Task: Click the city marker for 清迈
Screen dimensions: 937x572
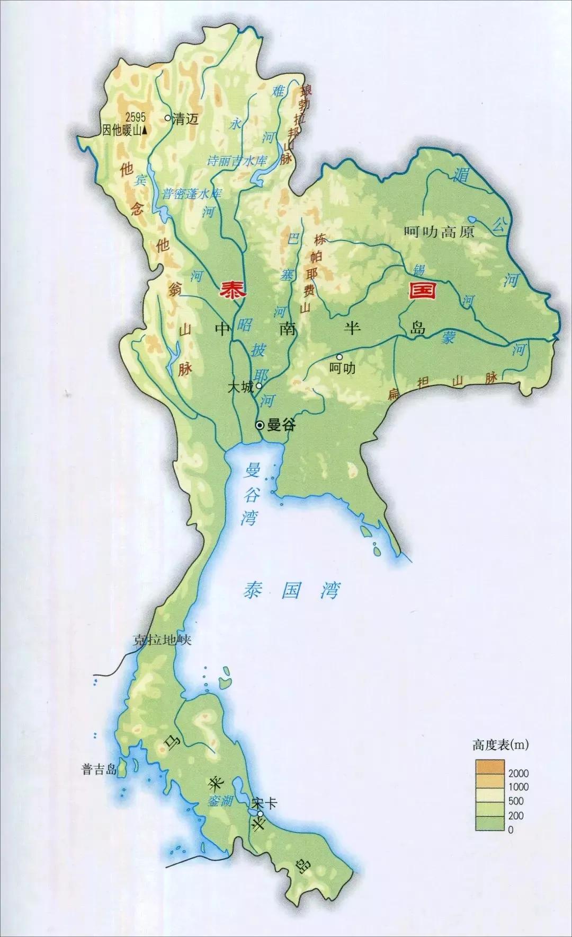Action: (x=168, y=119)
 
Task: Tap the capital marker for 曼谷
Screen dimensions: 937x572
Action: (x=260, y=425)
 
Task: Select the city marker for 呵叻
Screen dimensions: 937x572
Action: (x=339, y=357)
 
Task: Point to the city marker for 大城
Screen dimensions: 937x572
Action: (x=259, y=386)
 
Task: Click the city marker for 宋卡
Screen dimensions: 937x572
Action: (x=260, y=814)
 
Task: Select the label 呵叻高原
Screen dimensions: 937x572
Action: (x=439, y=232)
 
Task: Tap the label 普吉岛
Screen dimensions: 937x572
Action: (x=99, y=769)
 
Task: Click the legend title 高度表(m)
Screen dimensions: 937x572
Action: (x=501, y=745)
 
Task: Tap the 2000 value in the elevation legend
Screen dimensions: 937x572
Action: (x=517, y=774)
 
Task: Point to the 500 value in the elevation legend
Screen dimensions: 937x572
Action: (x=516, y=801)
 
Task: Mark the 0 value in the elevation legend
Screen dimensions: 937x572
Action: (x=511, y=829)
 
